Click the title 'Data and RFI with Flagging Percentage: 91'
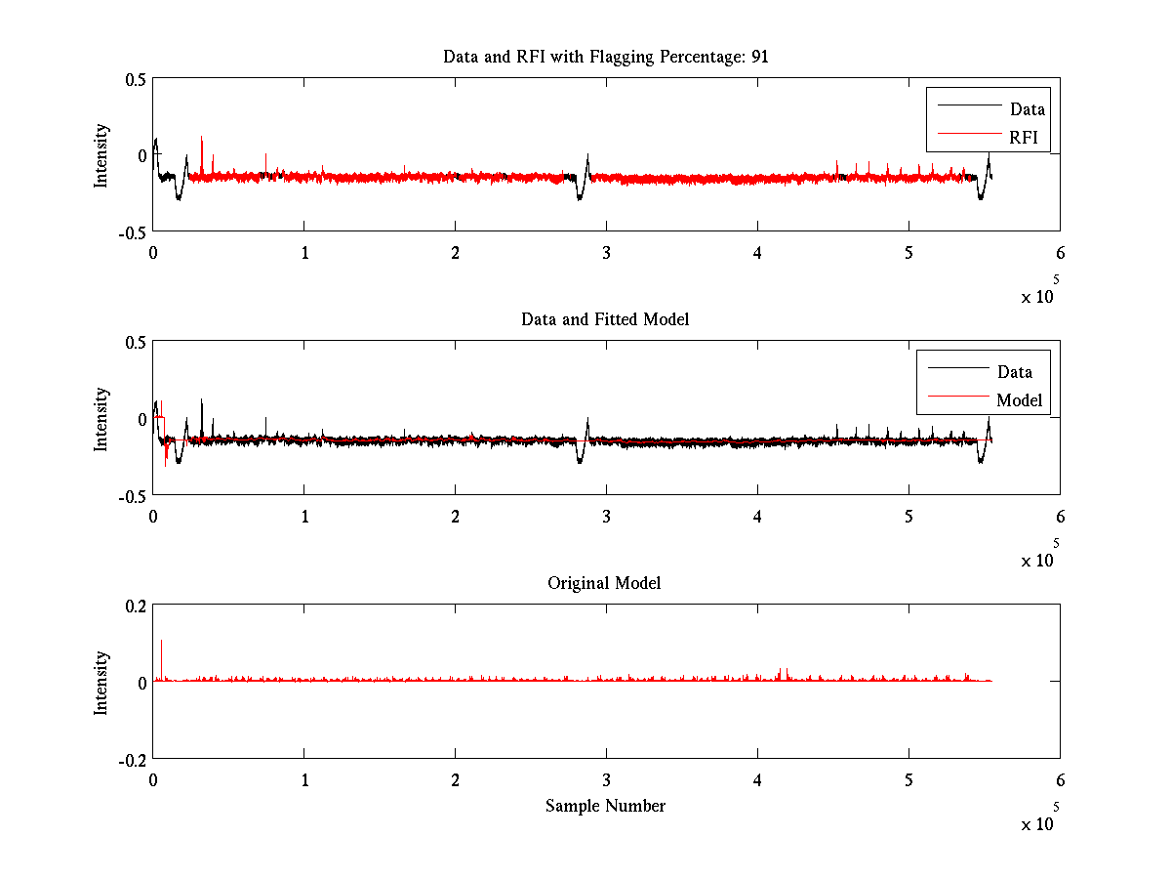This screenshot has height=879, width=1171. pyautogui.click(x=605, y=57)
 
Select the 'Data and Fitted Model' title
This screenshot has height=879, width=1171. pyautogui.click(x=605, y=319)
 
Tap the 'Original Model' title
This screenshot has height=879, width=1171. pyautogui.click(x=604, y=583)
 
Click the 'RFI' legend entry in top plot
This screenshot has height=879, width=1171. pyautogui.click(x=1024, y=137)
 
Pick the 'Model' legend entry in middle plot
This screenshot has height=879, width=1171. pyautogui.click(x=1019, y=399)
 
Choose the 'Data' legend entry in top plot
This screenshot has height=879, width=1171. pyautogui.click(x=1027, y=109)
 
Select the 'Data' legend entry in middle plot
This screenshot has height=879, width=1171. pyautogui.click(x=1014, y=371)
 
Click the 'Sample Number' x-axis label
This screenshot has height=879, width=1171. pyautogui.click(x=605, y=806)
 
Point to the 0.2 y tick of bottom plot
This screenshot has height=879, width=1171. pyautogui.click(x=135, y=605)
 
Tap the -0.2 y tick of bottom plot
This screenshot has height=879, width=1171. pyautogui.click(x=132, y=759)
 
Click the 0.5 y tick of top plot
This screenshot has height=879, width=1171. pyautogui.click(x=135, y=79)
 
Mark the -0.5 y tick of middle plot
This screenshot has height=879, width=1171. pyautogui.click(x=132, y=496)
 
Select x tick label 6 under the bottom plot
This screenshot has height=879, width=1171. pyautogui.click(x=1060, y=780)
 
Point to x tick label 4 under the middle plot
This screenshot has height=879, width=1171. pyautogui.click(x=757, y=517)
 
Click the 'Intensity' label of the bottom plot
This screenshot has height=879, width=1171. pyautogui.click(x=101, y=682)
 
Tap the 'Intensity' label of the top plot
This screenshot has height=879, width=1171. pyautogui.click(x=101, y=155)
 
